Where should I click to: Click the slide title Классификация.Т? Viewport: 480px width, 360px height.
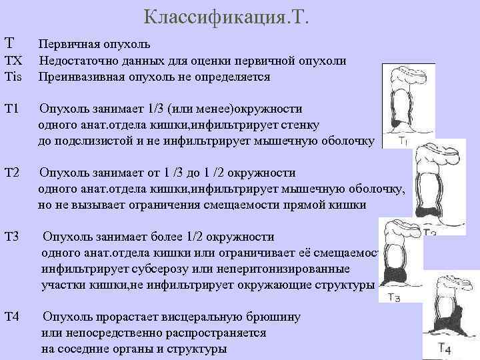click(227, 16)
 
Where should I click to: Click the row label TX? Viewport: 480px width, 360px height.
click(13, 61)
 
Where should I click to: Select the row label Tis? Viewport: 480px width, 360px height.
click(13, 77)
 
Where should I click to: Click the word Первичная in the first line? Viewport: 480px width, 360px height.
click(69, 45)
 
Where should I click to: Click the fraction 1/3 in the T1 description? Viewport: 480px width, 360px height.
click(151, 109)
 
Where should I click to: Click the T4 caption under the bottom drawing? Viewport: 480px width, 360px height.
click(445, 348)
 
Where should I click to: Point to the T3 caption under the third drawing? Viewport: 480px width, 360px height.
click(393, 298)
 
